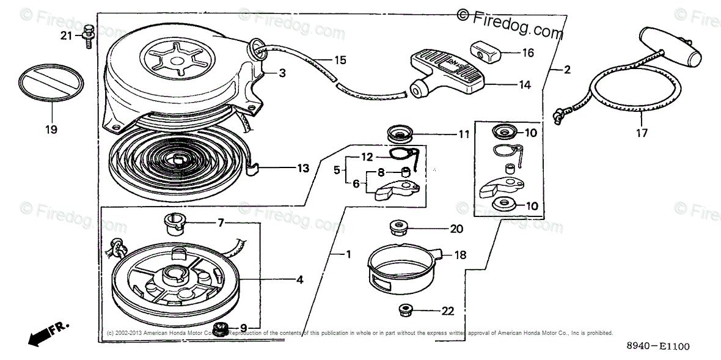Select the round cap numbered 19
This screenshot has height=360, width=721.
click(51, 83)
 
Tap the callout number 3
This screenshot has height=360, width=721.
click(282, 73)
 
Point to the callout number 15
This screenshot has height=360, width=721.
click(340, 60)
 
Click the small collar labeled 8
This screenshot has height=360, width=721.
click(404, 172)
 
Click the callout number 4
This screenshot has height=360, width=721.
click(299, 280)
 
